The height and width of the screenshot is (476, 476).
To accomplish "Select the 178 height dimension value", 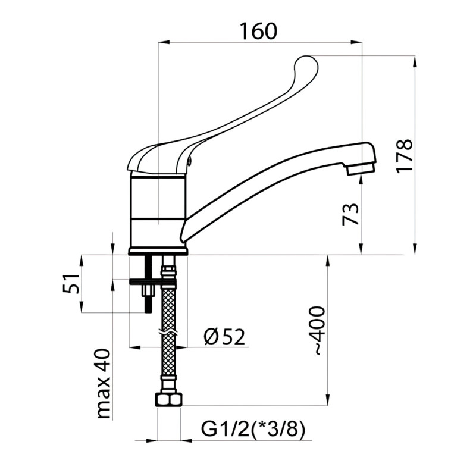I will (404, 156).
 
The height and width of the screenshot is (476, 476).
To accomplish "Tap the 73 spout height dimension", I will (351, 214).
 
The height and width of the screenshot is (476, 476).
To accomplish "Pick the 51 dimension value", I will (71, 284).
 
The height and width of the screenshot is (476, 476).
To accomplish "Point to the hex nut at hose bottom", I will (169, 399).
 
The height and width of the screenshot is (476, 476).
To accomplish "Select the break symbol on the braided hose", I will (169, 331).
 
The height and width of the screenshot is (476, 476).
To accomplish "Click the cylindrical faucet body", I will (158, 211).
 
